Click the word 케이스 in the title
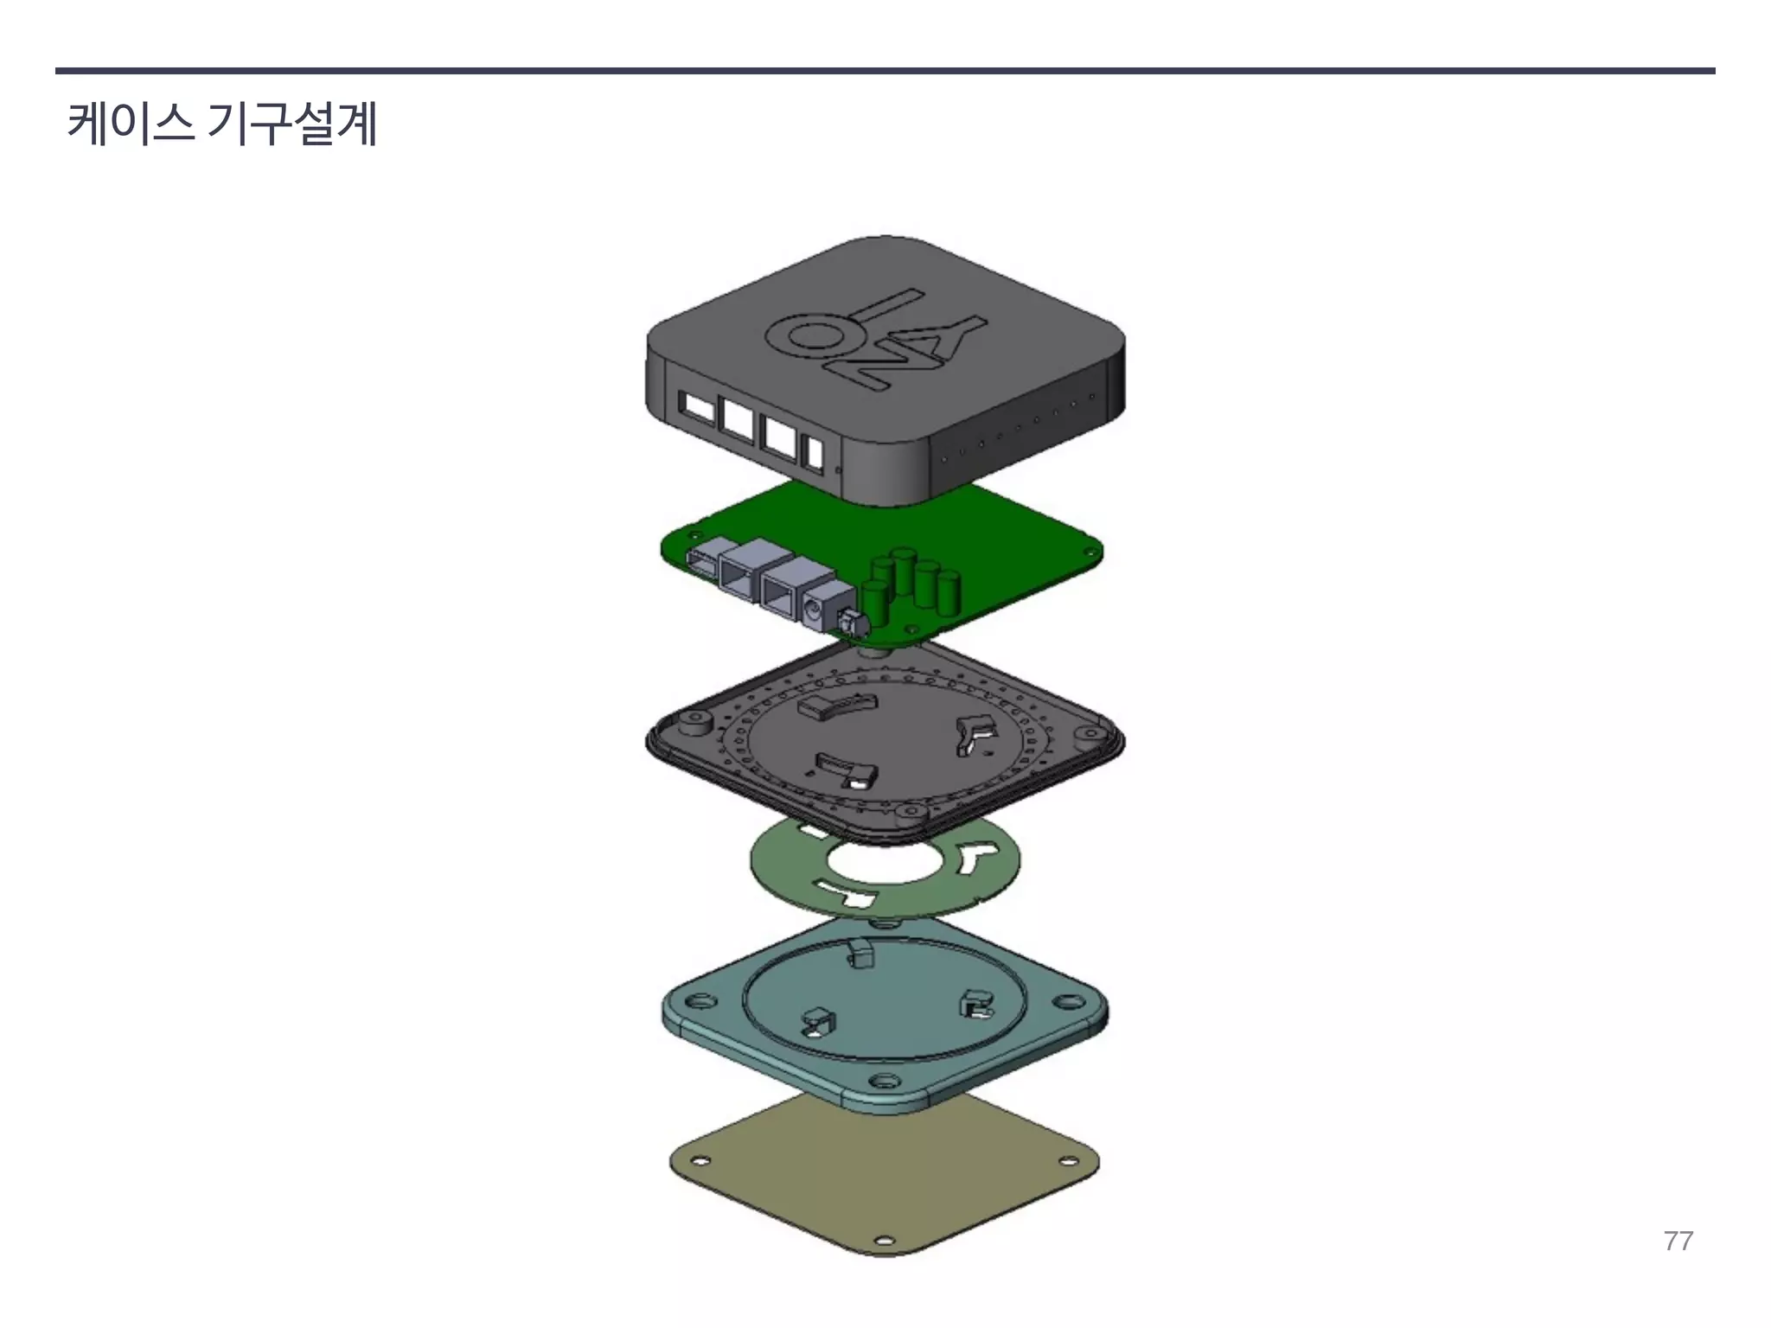coord(130,124)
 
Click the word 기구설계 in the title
coord(292,124)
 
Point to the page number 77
coord(1678,1241)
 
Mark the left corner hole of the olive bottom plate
coord(702,1160)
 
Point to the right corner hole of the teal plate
coord(1070,1003)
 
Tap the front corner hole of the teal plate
coord(883,1082)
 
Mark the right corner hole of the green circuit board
coord(1087,550)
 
